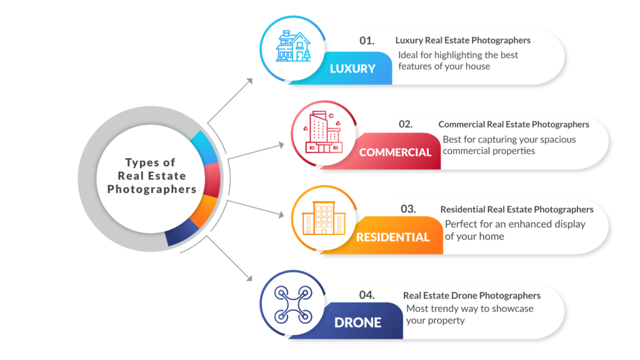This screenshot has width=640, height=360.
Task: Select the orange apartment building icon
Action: tap(319, 219)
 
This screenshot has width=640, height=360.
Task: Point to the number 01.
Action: tap(367, 41)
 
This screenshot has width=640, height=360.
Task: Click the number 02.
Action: tap(406, 124)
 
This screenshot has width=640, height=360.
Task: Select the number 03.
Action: tap(408, 209)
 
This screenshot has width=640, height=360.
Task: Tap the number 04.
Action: tap(367, 294)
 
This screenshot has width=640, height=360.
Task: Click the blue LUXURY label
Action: tap(353, 69)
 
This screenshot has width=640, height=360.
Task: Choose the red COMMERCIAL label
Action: tap(395, 152)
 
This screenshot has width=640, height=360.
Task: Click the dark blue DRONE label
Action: tap(357, 322)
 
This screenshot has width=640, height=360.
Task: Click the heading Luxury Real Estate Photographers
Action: tap(462, 41)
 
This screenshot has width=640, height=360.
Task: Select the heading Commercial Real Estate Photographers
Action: tap(514, 124)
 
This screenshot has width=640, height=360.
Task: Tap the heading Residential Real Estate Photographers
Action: tap(517, 209)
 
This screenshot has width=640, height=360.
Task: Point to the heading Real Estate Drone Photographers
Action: tap(472, 295)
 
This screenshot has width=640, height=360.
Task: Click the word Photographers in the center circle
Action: tap(152, 189)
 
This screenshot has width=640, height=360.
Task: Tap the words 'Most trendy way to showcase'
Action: tap(470, 309)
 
